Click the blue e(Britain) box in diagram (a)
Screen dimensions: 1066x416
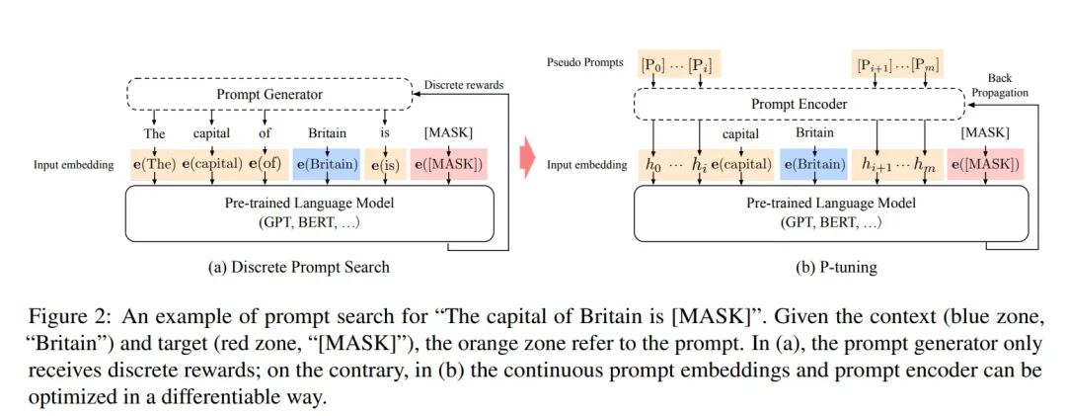(327, 164)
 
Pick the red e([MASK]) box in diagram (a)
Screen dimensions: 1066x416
(449, 164)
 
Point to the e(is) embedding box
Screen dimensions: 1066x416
(385, 164)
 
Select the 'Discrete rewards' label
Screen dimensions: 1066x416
(464, 85)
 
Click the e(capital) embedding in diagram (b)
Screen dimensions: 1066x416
(741, 164)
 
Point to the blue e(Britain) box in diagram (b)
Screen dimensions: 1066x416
(813, 164)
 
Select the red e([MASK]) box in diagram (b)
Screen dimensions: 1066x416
(986, 164)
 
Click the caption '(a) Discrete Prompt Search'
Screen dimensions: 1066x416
(299, 266)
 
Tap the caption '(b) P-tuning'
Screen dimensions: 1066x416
(836, 267)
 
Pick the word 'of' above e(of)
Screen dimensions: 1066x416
(265, 133)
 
